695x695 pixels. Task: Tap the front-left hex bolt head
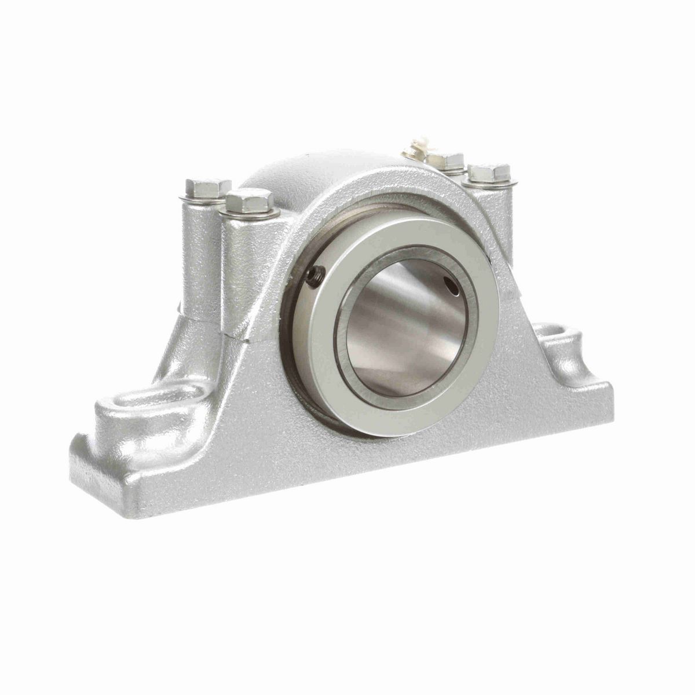[250, 200]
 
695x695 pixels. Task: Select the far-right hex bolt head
[489, 172]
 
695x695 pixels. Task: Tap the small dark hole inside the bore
[451, 283]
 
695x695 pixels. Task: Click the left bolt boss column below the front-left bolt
[246, 266]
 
